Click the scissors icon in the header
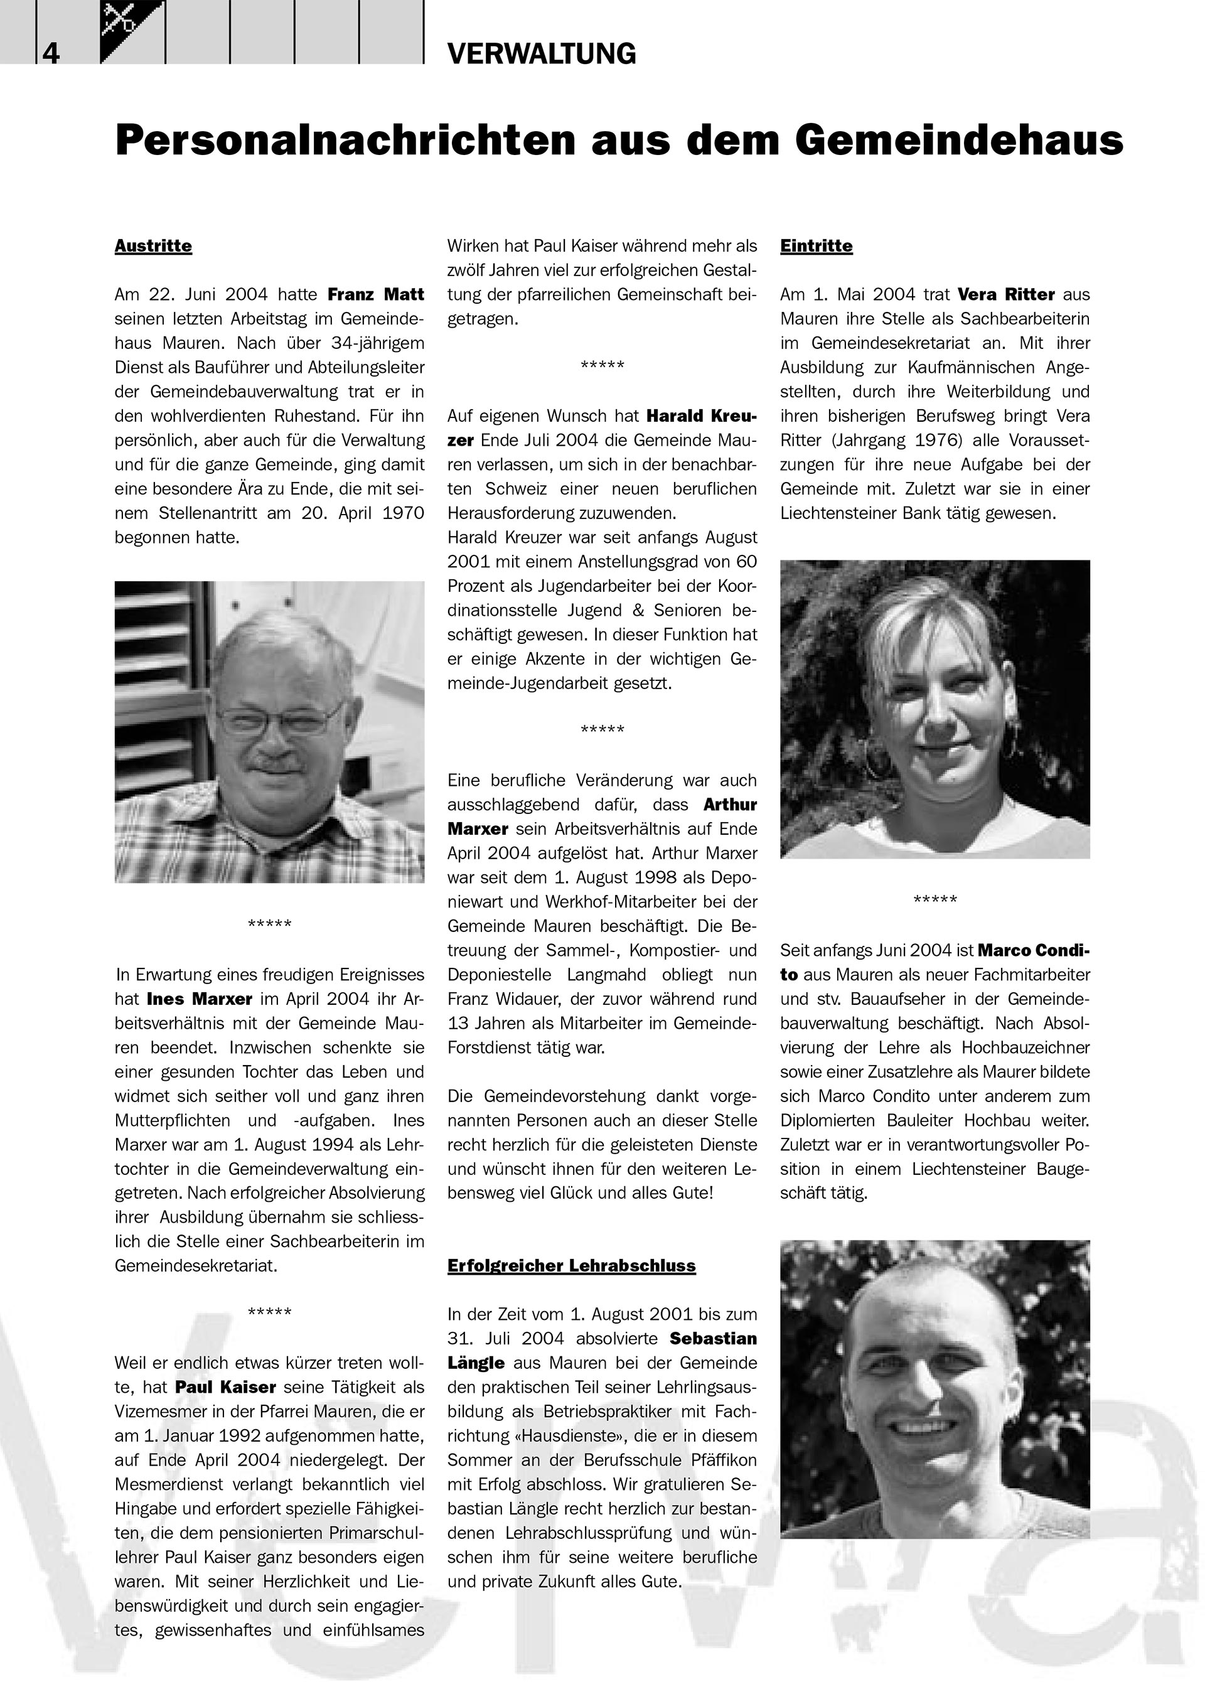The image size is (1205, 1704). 119,19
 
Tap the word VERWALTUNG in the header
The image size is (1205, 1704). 542,54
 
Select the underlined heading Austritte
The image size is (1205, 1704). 153,247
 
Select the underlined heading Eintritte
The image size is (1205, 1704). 816,247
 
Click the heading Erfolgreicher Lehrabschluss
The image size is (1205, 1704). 571,1266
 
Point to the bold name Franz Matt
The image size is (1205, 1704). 375,294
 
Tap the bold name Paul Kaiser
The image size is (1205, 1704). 225,1387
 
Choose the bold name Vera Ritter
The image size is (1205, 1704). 1005,294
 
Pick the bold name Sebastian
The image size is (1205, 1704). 712,1339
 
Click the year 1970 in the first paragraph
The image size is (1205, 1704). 403,513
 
